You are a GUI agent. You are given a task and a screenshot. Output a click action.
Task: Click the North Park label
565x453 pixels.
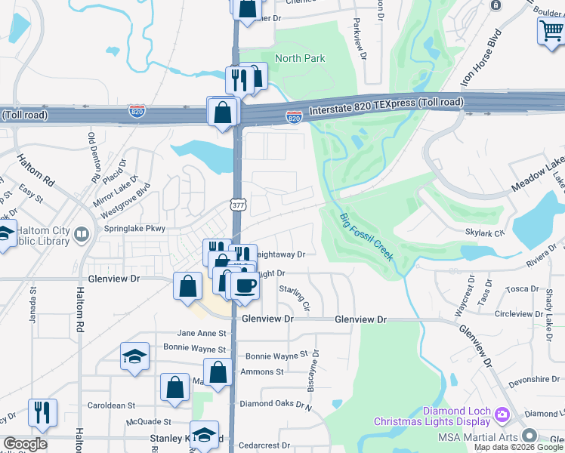click(x=300, y=58)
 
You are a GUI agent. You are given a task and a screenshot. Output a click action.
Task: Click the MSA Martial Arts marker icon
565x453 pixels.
click(x=529, y=436)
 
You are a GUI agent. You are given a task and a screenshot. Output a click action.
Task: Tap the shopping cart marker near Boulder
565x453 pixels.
click(x=550, y=32)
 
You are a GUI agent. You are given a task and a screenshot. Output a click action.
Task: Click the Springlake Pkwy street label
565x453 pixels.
click(x=125, y=228)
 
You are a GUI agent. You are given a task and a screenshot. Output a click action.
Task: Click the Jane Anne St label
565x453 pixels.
click(x=201, y=333)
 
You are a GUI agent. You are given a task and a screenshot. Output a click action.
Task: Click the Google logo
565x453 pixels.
click(x=25, y=444)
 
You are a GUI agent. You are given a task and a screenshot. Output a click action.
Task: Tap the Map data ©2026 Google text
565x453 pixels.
click(x=517, y=447)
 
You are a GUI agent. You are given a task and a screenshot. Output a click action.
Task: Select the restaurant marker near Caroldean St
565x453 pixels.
click(x=42, y=413)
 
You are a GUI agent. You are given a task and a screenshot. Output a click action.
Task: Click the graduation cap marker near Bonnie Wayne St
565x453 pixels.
click(x=134, y=357)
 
